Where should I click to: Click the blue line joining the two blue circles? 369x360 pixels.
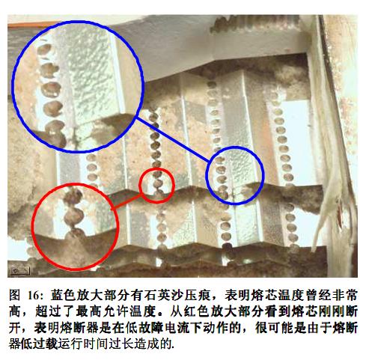click(x=173, y=140)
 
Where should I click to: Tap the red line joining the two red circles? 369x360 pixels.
click(x=126, y=202)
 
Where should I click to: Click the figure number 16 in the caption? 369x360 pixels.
click(x=33, y=296)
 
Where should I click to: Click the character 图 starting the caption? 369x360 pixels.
click(x=14, y=296)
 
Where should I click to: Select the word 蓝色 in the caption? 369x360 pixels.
click(x=62, y=296)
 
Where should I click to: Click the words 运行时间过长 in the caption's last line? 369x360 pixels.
click(x=97, y=344)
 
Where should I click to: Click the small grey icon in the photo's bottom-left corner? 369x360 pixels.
click(x=20, y=270)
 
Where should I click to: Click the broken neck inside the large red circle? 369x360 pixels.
click(x=73, y=229)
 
